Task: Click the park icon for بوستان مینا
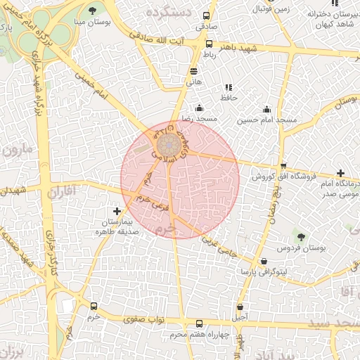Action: click(x=93, y=10)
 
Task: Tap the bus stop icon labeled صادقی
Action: click(x=207, y=16)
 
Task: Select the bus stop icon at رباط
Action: click(x=209, y=43)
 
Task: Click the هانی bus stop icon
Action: click(x=194, y=71)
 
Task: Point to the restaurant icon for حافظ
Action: click(x=229, y=87)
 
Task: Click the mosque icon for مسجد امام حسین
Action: click(x=266, y=109)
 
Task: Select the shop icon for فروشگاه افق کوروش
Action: click(x=283, y=166)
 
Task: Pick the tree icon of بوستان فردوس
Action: click(x=302, y=238)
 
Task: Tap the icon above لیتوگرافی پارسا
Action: click(x=264, y=261)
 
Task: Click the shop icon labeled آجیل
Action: click(x=240, y=307)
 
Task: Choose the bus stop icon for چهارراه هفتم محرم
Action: click(x=199, y=324)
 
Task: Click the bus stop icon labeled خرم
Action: click(x=94, y=307)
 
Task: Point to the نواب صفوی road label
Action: click(x=144, y=319)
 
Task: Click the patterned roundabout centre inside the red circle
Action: click(x=168, y=146)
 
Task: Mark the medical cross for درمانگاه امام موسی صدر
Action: click(x=340, y=173)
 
